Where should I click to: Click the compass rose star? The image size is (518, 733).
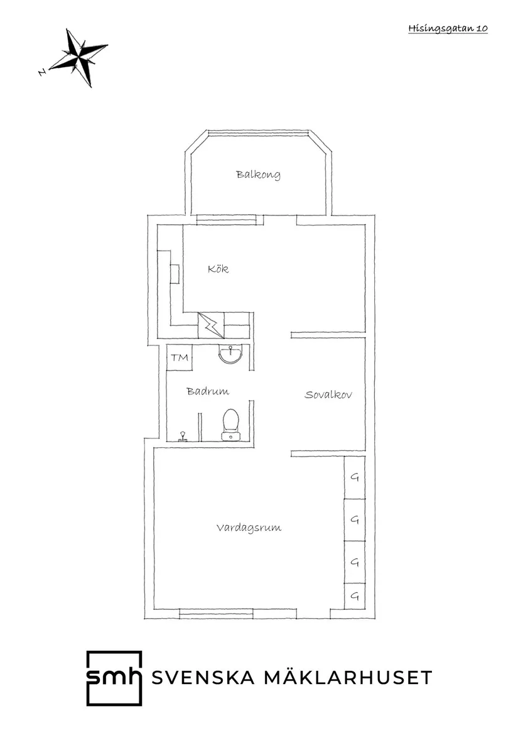click(x=78, y=58)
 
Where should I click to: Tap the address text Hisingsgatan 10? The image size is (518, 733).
click(x=448, y=28)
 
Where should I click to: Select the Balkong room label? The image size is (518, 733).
click(x=258, y=175)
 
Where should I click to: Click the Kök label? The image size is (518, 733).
click(x=219, y=269)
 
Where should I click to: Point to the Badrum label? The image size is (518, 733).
click(x=208, y=391)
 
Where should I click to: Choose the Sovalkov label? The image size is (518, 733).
click(x=328, y=394)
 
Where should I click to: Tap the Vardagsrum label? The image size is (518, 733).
click(x=249, y=528)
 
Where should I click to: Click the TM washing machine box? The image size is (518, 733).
click(x=180, y=357)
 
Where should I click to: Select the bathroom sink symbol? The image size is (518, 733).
click(x=231, y=354)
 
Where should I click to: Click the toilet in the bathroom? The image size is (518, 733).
click(x=230, y=425)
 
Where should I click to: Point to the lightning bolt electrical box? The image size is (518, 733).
click(x=212, y=325)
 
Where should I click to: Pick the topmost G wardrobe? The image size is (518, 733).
click(x=354, y=477)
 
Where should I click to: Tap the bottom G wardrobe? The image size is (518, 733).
click(x=354, y=596)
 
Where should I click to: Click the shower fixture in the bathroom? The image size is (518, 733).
click(x=183, y=436)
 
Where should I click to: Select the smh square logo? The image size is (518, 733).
click(x=114, y=678)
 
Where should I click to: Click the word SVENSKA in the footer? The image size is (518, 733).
click(x=203, y=677)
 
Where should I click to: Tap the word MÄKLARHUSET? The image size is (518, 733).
click(x=348, y=676)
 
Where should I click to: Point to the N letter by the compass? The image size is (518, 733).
click(x=42, y=72)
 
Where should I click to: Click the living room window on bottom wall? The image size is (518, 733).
click(x=217, y=613)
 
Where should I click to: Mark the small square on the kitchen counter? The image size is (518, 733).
click(x=175, y=274)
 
